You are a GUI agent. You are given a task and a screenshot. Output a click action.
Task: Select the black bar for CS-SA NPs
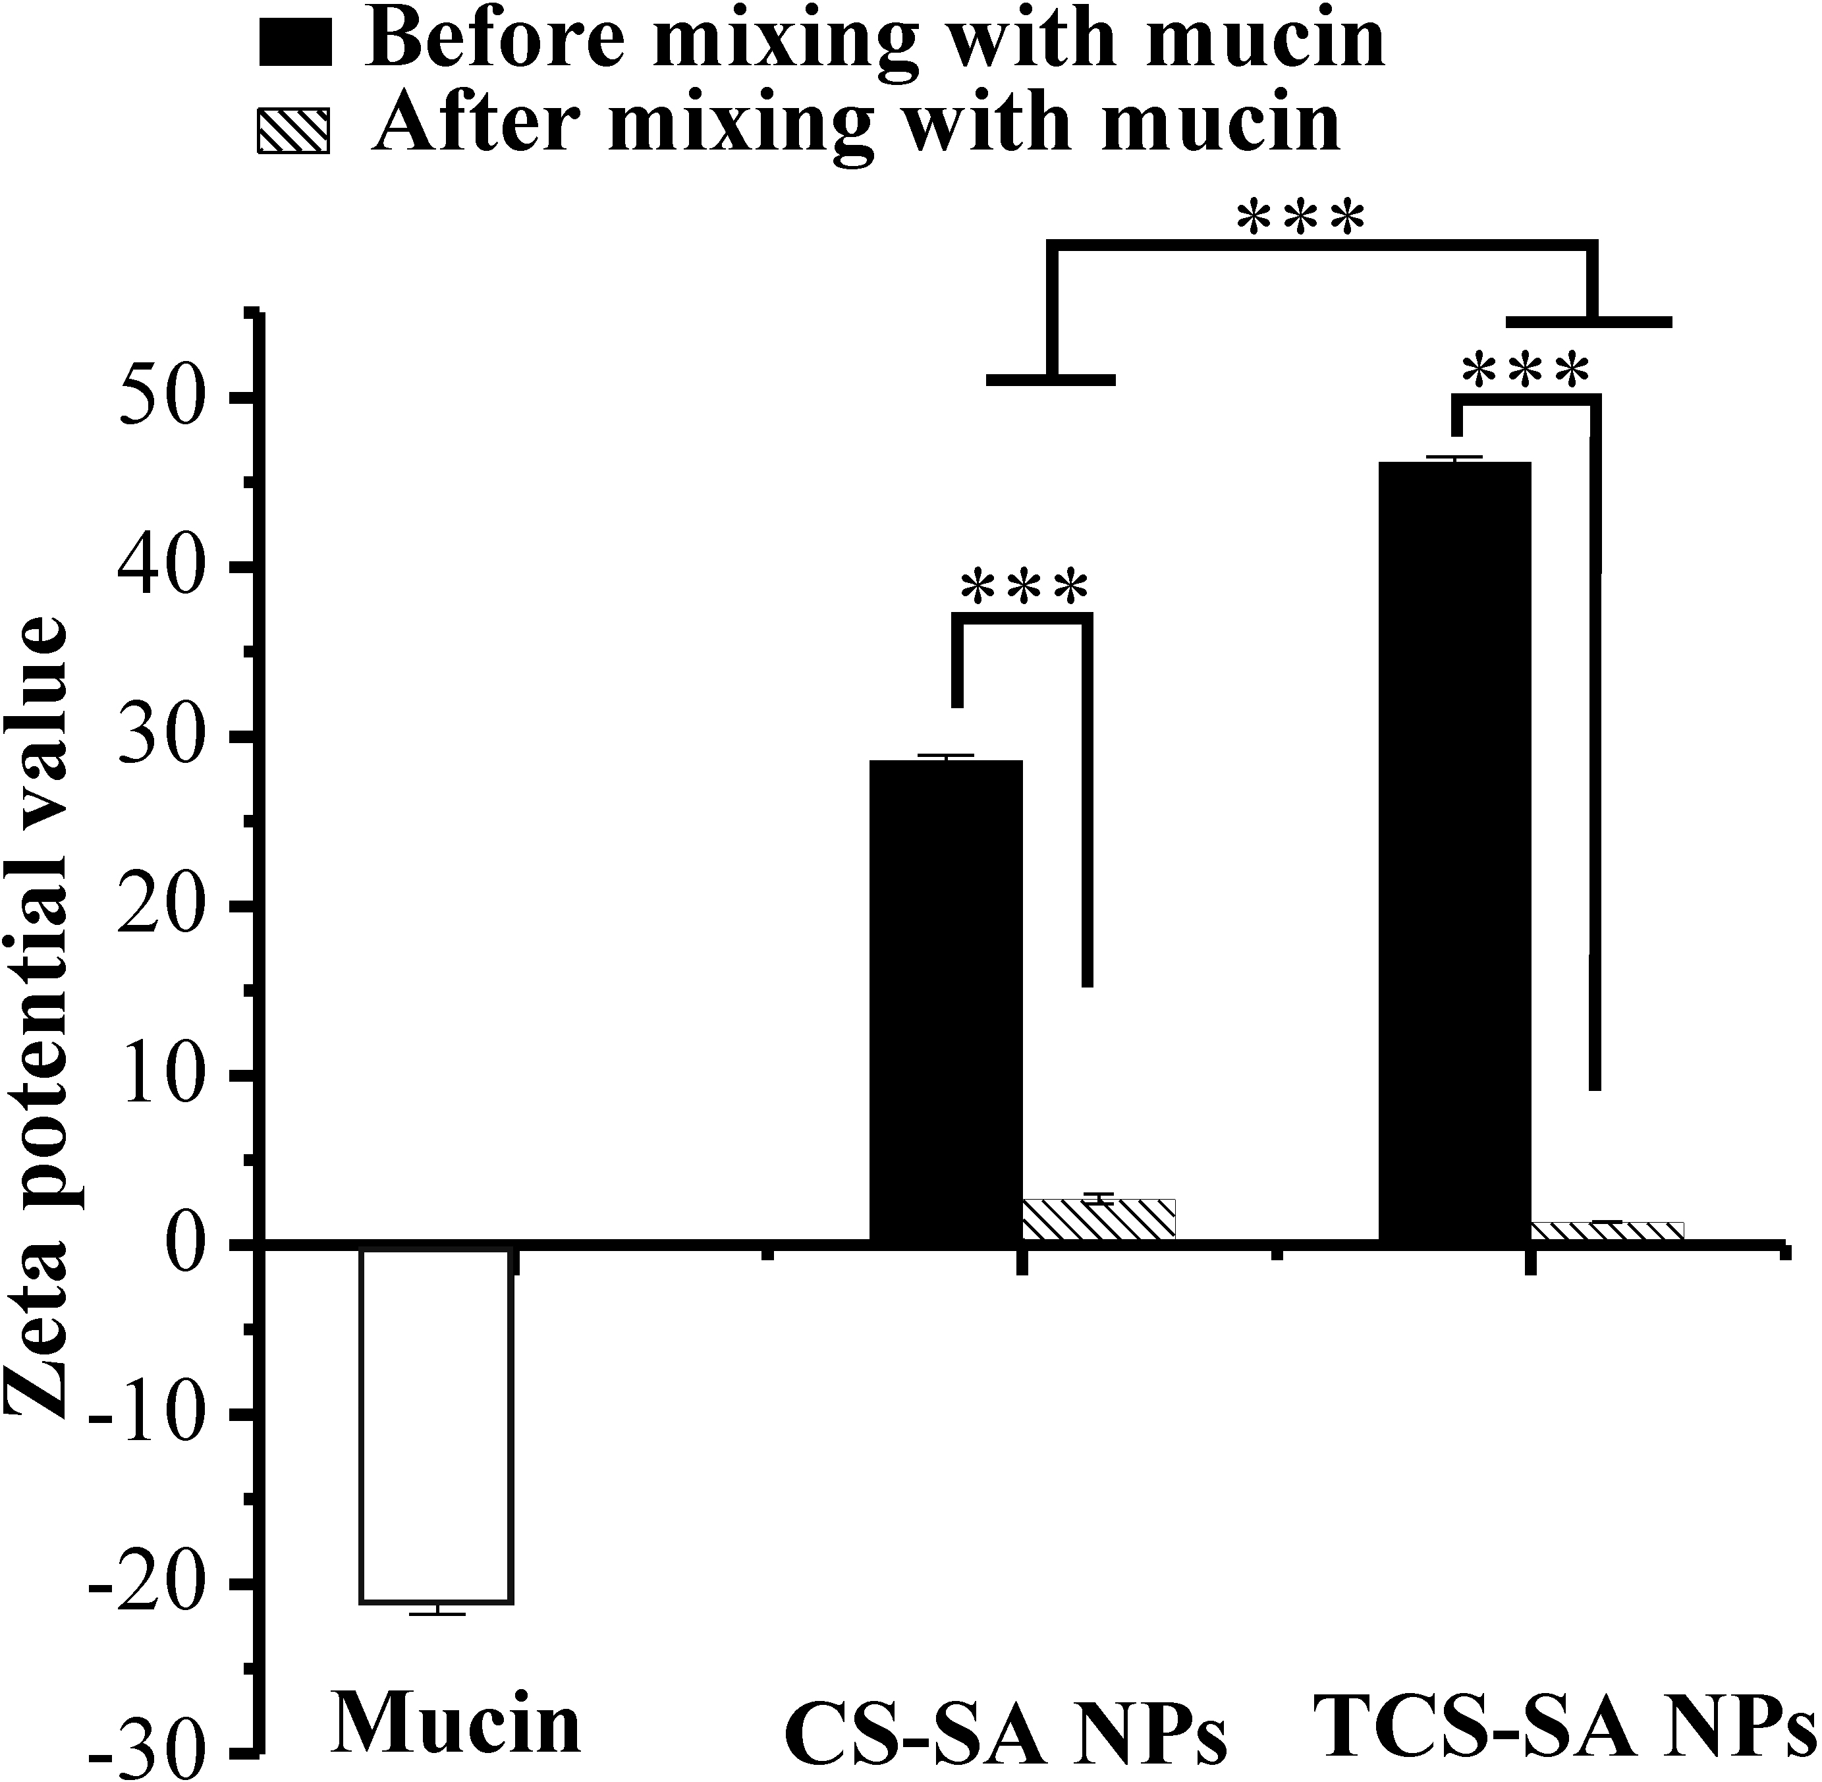pos(945,1001)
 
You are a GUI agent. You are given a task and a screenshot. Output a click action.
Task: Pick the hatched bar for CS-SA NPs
pos(1099,1219)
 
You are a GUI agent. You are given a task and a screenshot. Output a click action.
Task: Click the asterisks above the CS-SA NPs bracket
pos(1024,587)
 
